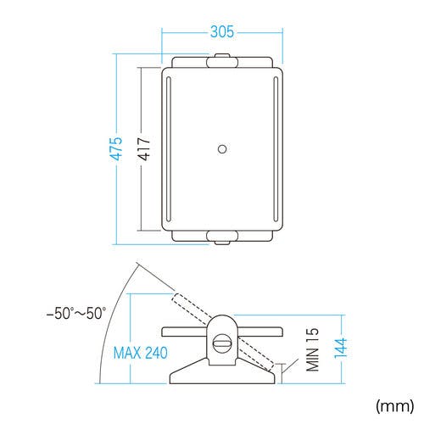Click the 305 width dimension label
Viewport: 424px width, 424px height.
[x=222, y=31]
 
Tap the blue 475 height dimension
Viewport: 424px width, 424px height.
[x=116, y=148]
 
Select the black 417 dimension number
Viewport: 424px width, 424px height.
[x=144, y=148]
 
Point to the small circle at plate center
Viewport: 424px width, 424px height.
[x=222, y=149]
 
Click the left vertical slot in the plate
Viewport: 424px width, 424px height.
[x=169, y=149]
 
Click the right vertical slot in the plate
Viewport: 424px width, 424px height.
[x=276, y=149]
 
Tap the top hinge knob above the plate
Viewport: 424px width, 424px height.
[x=222, y=60]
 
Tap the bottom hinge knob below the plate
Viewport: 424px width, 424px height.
[x=222, y=237]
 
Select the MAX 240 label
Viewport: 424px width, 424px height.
[x=140, y=353]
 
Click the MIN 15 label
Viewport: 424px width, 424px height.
[x=312, y=349]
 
